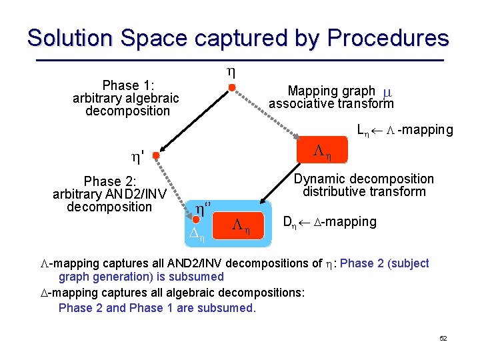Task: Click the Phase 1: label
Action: [128, 85]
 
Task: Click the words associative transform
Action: [331, 103]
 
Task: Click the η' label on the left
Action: [138, 158]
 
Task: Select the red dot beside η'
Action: [155, 157]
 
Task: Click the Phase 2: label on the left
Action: [109, 181]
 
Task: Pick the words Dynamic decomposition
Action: [364, 179]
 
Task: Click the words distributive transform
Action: [363, 192]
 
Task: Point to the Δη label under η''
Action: [196, 233]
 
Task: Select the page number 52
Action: [443, 339]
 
